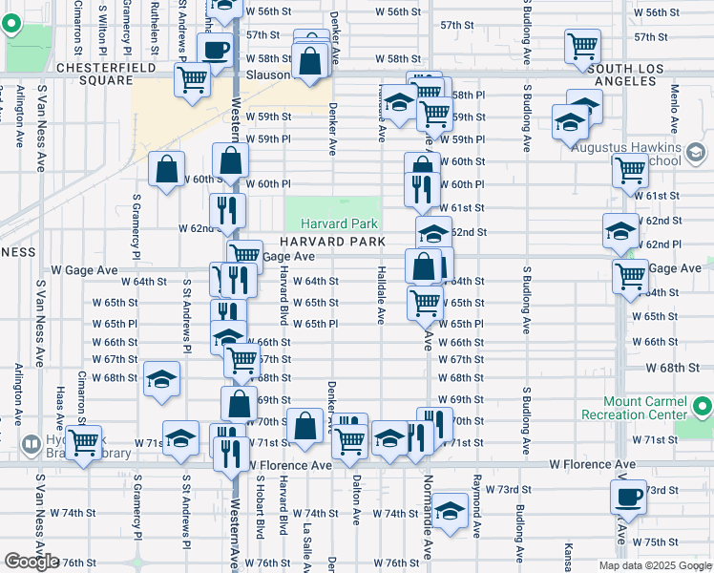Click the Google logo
[x=31, y=562]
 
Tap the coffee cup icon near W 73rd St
[x=630, y=498]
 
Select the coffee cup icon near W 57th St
[x=214, y=49]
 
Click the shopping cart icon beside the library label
[x=84, y=443]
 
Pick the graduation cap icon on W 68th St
[x=161, y=377]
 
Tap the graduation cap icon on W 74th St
[x=449, y=510]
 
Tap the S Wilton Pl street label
[x=102, y=24]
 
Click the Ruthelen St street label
[x=154, y=26]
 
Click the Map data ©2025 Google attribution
[x=655, y=565]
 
